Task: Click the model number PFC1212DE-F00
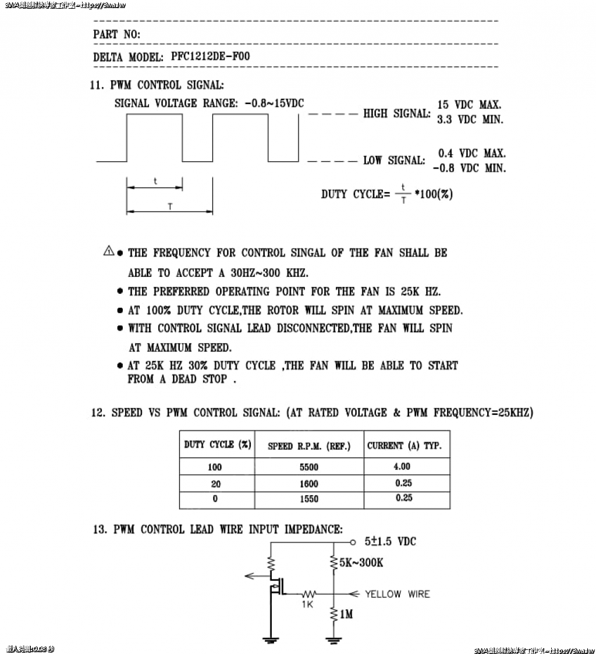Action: (210, 57)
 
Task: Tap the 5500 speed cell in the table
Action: (309, 467)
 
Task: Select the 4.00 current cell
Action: (402, 467)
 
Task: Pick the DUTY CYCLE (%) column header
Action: (218, 445)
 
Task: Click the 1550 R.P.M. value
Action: (309, 499)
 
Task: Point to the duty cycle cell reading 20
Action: (216, 484)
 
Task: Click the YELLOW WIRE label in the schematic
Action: (397, 594)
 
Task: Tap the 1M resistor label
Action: (345, 614)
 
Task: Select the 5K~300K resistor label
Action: (361, 563)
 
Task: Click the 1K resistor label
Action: (307, 605)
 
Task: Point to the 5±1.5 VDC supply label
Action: (390, 542)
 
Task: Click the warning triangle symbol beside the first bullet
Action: (108, 251)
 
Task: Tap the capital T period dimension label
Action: (169, 206)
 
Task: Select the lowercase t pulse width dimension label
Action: (155, 182)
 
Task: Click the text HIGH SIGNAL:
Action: (397, 113)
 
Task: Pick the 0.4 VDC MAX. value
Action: (471, 154)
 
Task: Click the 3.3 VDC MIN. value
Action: (470, 120)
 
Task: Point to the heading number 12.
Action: (98, 413)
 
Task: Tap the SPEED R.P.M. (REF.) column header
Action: (309, 446)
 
